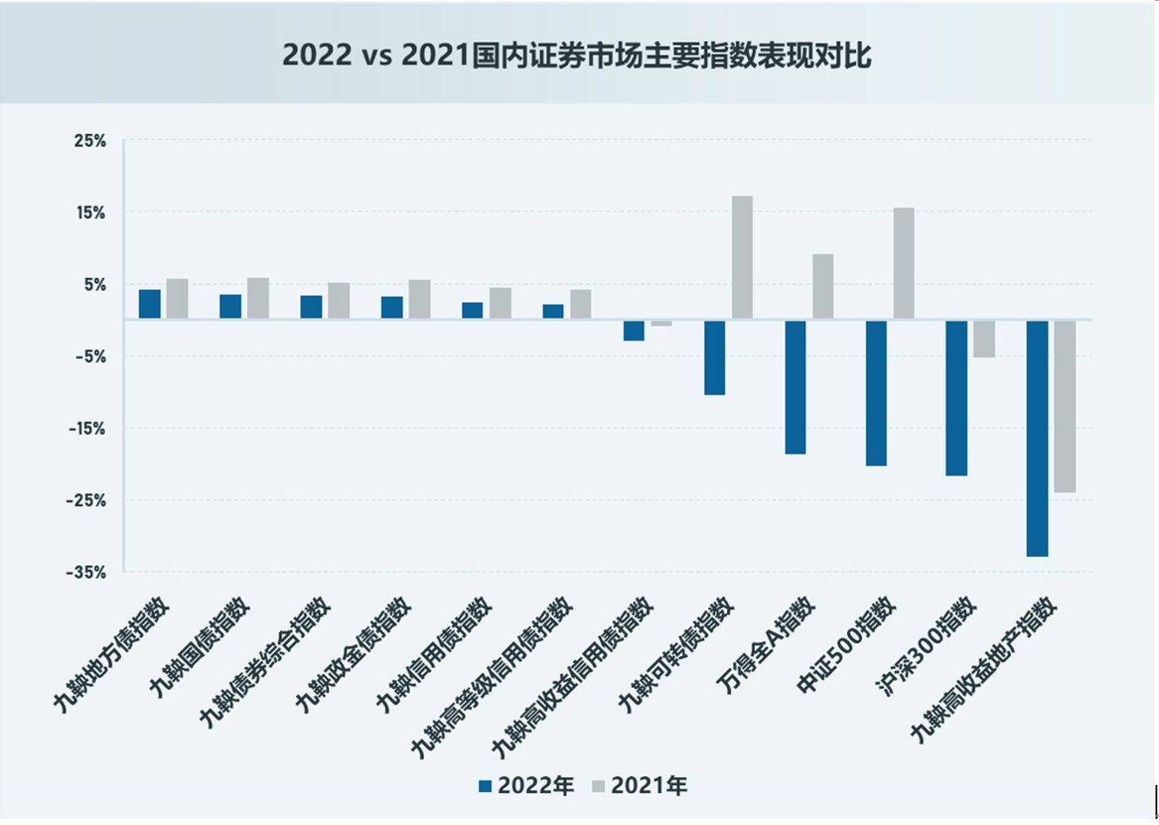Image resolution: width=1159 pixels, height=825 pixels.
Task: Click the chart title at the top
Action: (576, 56)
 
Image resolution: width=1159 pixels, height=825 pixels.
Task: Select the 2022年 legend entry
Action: (526, 786)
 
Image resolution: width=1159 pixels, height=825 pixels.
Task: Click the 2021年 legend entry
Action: (639, 786)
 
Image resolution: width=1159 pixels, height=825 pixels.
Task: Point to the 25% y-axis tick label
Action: (90, 141)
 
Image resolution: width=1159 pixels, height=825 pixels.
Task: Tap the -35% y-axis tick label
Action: (86, 572)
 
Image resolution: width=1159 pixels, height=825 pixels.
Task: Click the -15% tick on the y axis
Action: (86, 429)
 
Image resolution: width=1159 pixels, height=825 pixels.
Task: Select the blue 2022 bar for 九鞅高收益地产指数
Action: (1037, 437)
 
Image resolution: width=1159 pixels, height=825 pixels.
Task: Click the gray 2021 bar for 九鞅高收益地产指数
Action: (1065, 406)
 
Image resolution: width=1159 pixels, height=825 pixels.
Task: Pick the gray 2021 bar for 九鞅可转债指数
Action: (742, 257)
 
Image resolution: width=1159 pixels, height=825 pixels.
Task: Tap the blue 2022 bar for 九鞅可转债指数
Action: (714, 357)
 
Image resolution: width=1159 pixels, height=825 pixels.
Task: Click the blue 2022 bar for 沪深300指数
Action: (956, 397)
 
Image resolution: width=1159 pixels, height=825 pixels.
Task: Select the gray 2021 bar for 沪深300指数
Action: (984, 339)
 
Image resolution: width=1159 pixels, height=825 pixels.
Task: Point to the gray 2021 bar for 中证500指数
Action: (904, 263)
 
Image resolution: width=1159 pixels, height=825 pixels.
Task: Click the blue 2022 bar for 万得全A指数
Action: (795, 387)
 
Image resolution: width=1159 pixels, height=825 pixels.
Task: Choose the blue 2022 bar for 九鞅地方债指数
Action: (150, 304)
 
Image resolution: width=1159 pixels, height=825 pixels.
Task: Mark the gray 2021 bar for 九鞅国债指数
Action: (258, 298)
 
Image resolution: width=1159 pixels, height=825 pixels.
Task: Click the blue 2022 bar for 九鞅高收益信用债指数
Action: (634, 330)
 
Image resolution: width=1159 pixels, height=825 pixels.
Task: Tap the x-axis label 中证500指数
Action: (847, 645)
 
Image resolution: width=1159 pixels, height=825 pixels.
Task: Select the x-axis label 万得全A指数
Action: (766, 645)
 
